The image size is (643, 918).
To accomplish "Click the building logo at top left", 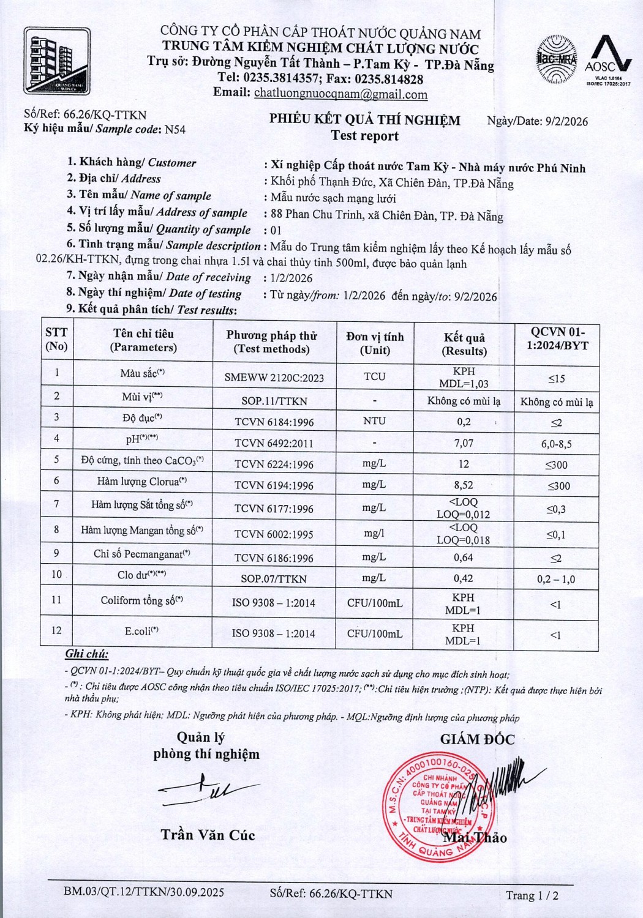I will click(x=56, y=61).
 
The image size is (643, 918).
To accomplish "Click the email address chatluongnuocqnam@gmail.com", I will click(x=340, y=94).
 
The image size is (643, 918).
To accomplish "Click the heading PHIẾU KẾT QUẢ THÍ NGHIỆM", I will click(x=365, y=119).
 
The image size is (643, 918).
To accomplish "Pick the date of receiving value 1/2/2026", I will click(x=291, y=278).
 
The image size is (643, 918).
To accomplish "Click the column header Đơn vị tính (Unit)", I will click(x=375, y=343).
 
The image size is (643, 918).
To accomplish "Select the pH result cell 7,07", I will click(x=464, y=442).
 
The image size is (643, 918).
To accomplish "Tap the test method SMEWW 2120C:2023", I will click(x=274, y=378).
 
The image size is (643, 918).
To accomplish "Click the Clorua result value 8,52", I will click(x=464, y=485).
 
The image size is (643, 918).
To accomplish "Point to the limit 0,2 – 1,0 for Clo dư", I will click(x=555, y=579).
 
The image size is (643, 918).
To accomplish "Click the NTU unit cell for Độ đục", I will click(x=374, y=421).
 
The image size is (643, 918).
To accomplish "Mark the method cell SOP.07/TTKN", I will click(x=274, y=578).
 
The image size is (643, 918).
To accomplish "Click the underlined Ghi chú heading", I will click(x=87, y=654).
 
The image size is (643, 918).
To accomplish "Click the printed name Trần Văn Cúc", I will click(x=208, y=835).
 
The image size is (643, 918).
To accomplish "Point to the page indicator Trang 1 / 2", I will click(x=532, y=895).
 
